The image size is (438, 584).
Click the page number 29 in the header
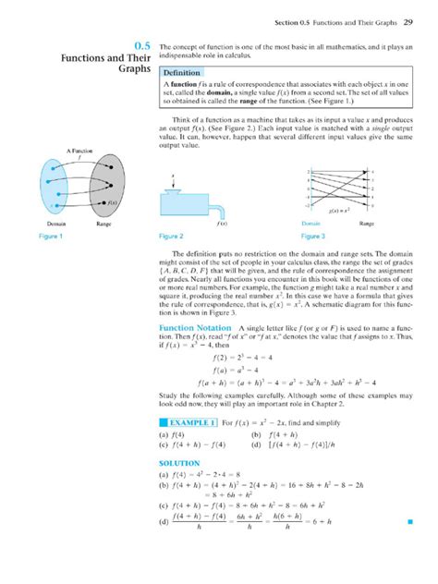pos(408,22)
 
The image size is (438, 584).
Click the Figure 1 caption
pos(50,237)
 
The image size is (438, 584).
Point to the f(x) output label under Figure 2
pos(222,225)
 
